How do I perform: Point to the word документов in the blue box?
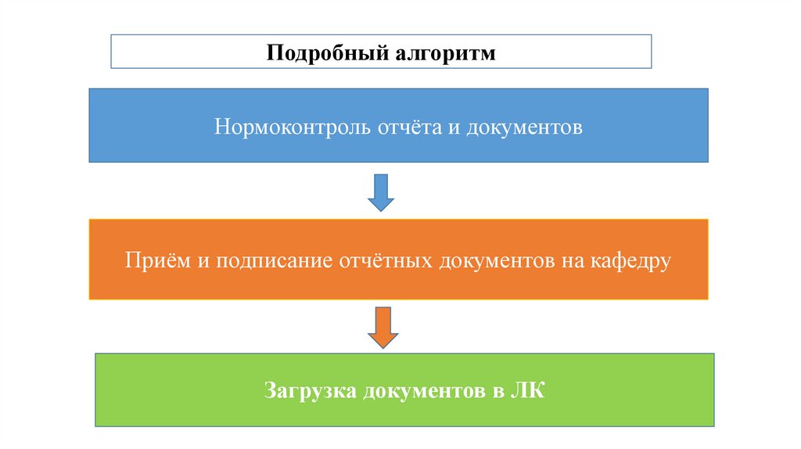click(525, 126)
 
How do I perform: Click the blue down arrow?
click(381, 192)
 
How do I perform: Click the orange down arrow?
click(383, 327)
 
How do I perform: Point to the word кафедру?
click(627, 260)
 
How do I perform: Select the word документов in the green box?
click(423, 390)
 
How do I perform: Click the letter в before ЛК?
click(497, 390)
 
